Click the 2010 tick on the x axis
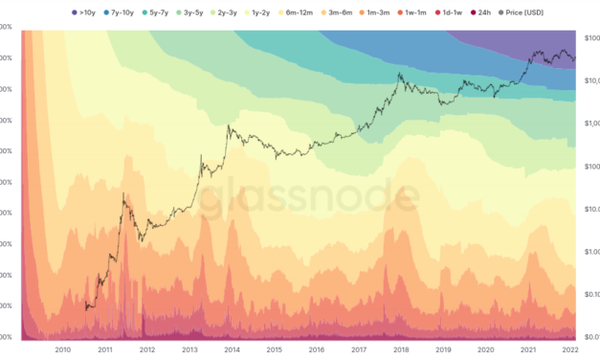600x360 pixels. point(63,350)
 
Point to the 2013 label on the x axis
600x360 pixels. point(189,350)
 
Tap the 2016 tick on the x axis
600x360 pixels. point(316,350)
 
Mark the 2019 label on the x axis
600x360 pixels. point(443,350)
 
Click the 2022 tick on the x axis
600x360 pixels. point(569,350)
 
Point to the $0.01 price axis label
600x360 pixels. point(590,336)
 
